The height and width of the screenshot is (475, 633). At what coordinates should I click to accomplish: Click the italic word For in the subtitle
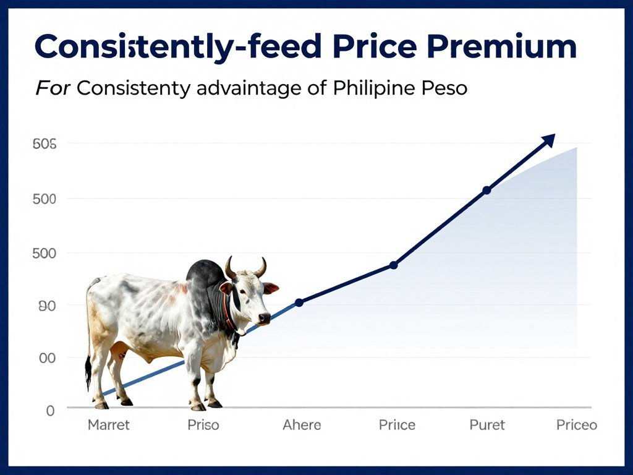coord(53,88)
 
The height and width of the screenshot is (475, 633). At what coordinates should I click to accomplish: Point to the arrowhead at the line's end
coord(548,140)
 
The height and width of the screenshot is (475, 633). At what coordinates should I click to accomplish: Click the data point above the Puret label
coord(486,190)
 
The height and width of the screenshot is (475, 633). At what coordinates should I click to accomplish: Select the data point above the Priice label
coord(394,265)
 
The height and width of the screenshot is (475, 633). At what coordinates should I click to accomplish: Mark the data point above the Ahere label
coord(299,302)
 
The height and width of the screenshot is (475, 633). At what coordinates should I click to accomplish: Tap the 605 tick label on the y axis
coord(44,145)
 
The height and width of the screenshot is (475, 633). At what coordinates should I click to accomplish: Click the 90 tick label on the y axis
coord(47,306)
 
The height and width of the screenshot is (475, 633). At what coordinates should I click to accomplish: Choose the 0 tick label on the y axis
coord(50,411)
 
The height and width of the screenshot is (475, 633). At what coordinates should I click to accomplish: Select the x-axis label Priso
coord(203,426)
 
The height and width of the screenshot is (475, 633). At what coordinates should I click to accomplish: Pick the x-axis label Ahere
coord(302,426)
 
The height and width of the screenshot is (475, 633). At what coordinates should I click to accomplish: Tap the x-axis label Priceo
coord(576,426)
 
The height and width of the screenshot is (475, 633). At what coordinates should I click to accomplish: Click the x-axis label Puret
coord(487,426)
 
